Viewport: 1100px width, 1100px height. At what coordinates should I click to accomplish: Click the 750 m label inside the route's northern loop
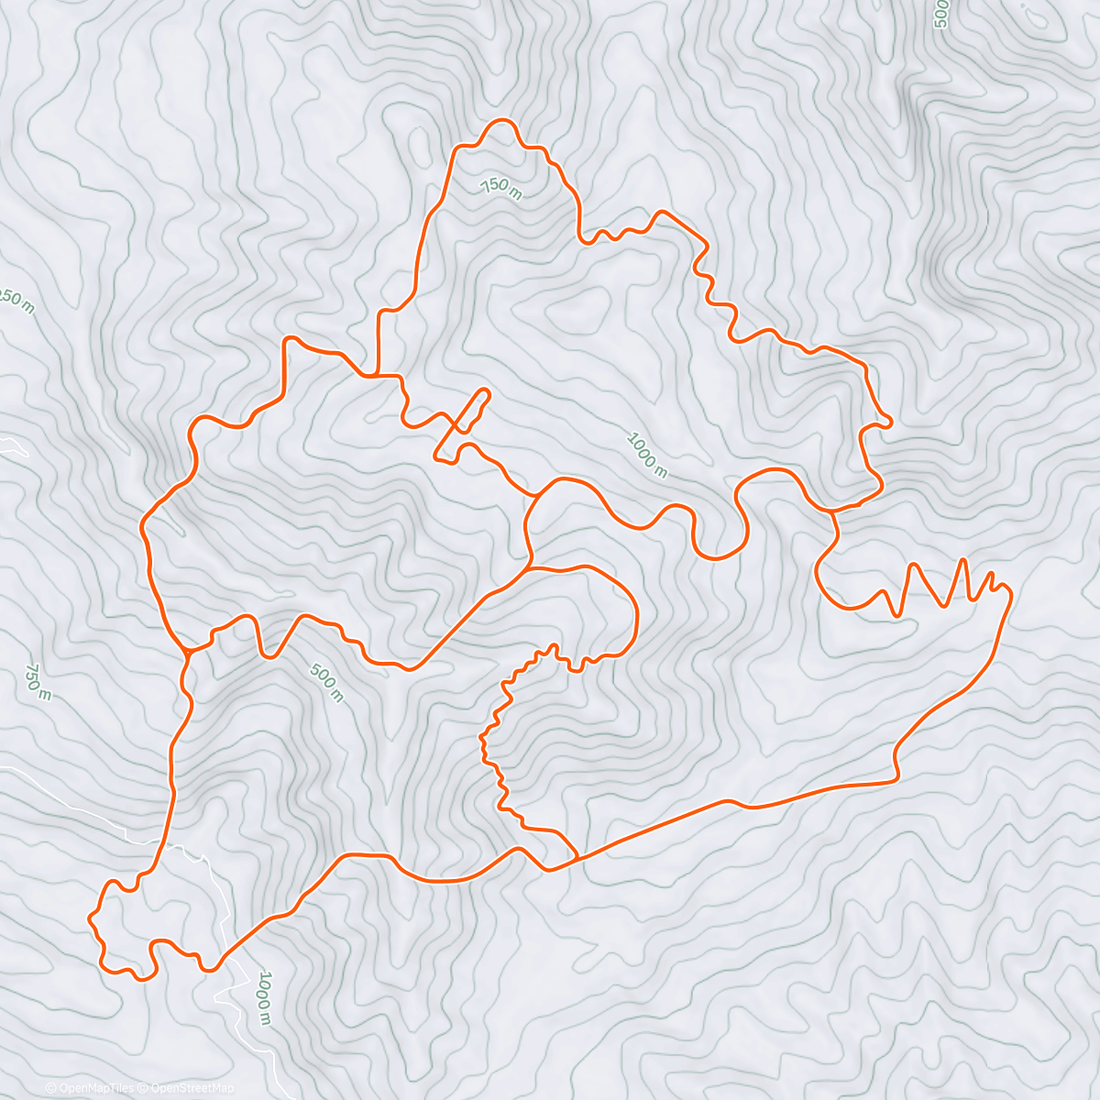click(500, 186)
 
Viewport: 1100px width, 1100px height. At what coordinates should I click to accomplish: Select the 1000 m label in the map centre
click(647, 455)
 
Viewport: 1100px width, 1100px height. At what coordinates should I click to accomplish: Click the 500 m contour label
click(326, 684)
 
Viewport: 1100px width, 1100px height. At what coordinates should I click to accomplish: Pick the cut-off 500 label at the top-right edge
click(940, 14)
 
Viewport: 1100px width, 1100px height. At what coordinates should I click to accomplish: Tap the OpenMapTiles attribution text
click(90, 1088)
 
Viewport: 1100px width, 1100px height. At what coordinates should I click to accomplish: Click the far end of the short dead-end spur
click(486, 392)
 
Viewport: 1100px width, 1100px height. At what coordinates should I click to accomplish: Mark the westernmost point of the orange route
click(89, 916)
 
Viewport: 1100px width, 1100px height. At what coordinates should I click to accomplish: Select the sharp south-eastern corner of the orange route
click(896, 780)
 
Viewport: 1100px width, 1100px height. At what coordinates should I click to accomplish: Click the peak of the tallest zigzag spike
click(962, 558)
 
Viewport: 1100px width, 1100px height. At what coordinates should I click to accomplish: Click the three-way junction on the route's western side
click(188, 652)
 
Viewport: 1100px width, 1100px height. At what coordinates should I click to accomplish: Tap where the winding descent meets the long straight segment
click(577, 857)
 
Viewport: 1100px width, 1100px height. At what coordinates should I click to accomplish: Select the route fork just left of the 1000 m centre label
click(535, 496)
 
